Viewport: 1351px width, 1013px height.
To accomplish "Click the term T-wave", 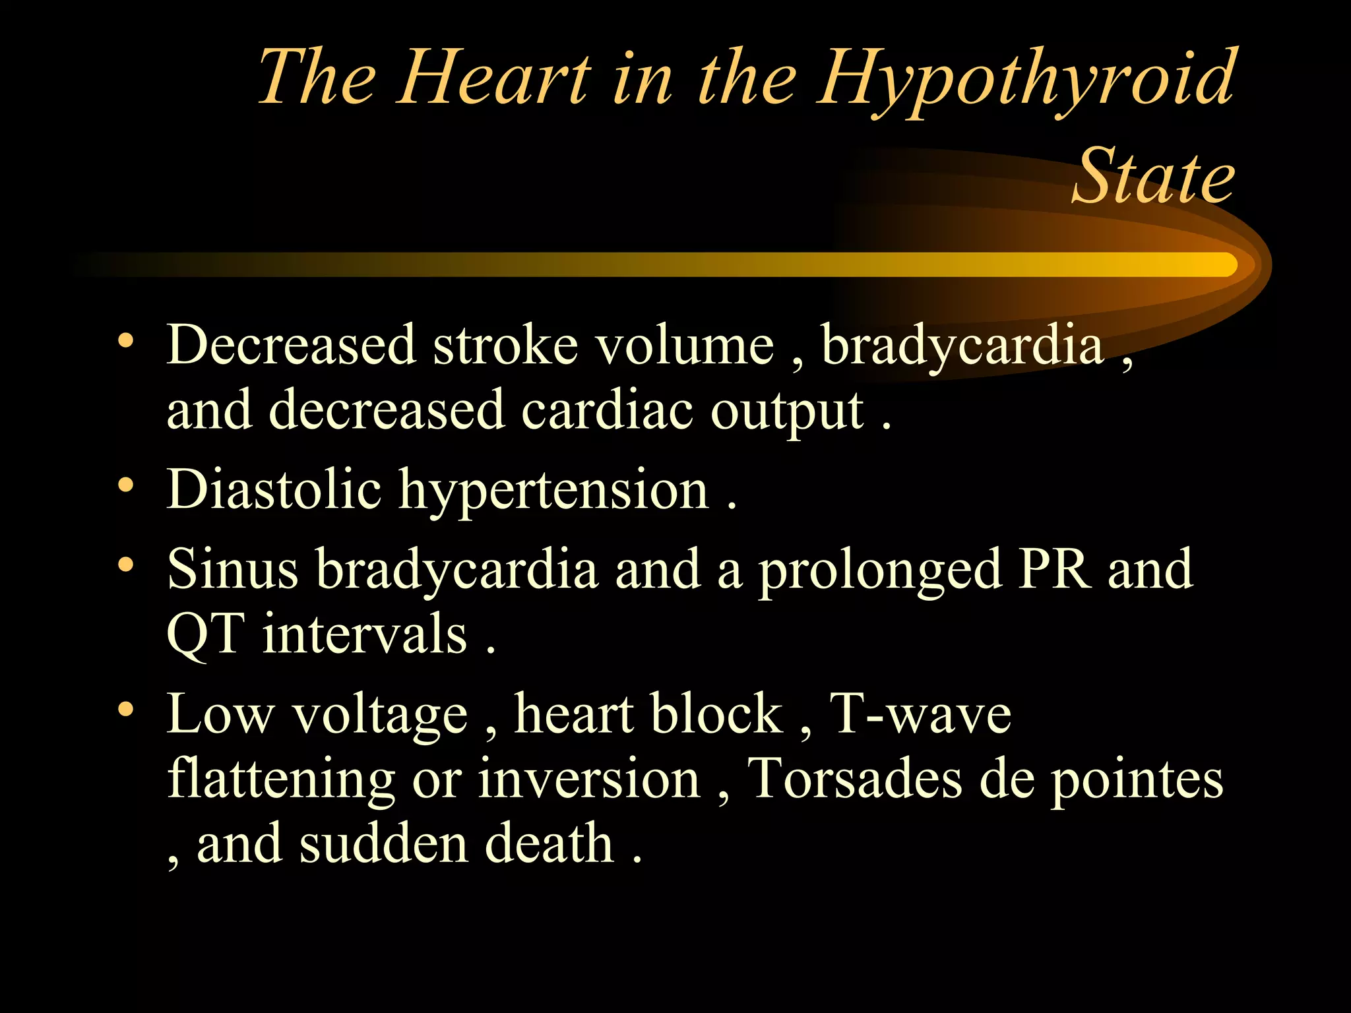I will coord(920,714).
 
